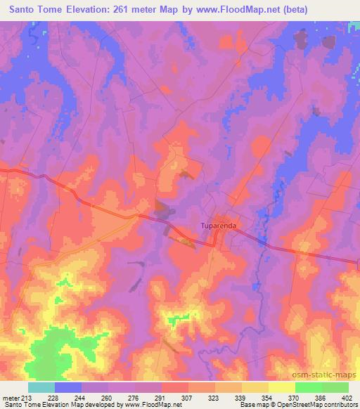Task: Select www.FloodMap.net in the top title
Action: point(248,9)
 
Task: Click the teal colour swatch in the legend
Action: point(41,387)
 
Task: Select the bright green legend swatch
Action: point(309,387)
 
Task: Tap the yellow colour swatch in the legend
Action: point(282,387)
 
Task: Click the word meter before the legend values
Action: point(11,397)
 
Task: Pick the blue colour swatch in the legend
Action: point(68,387)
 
